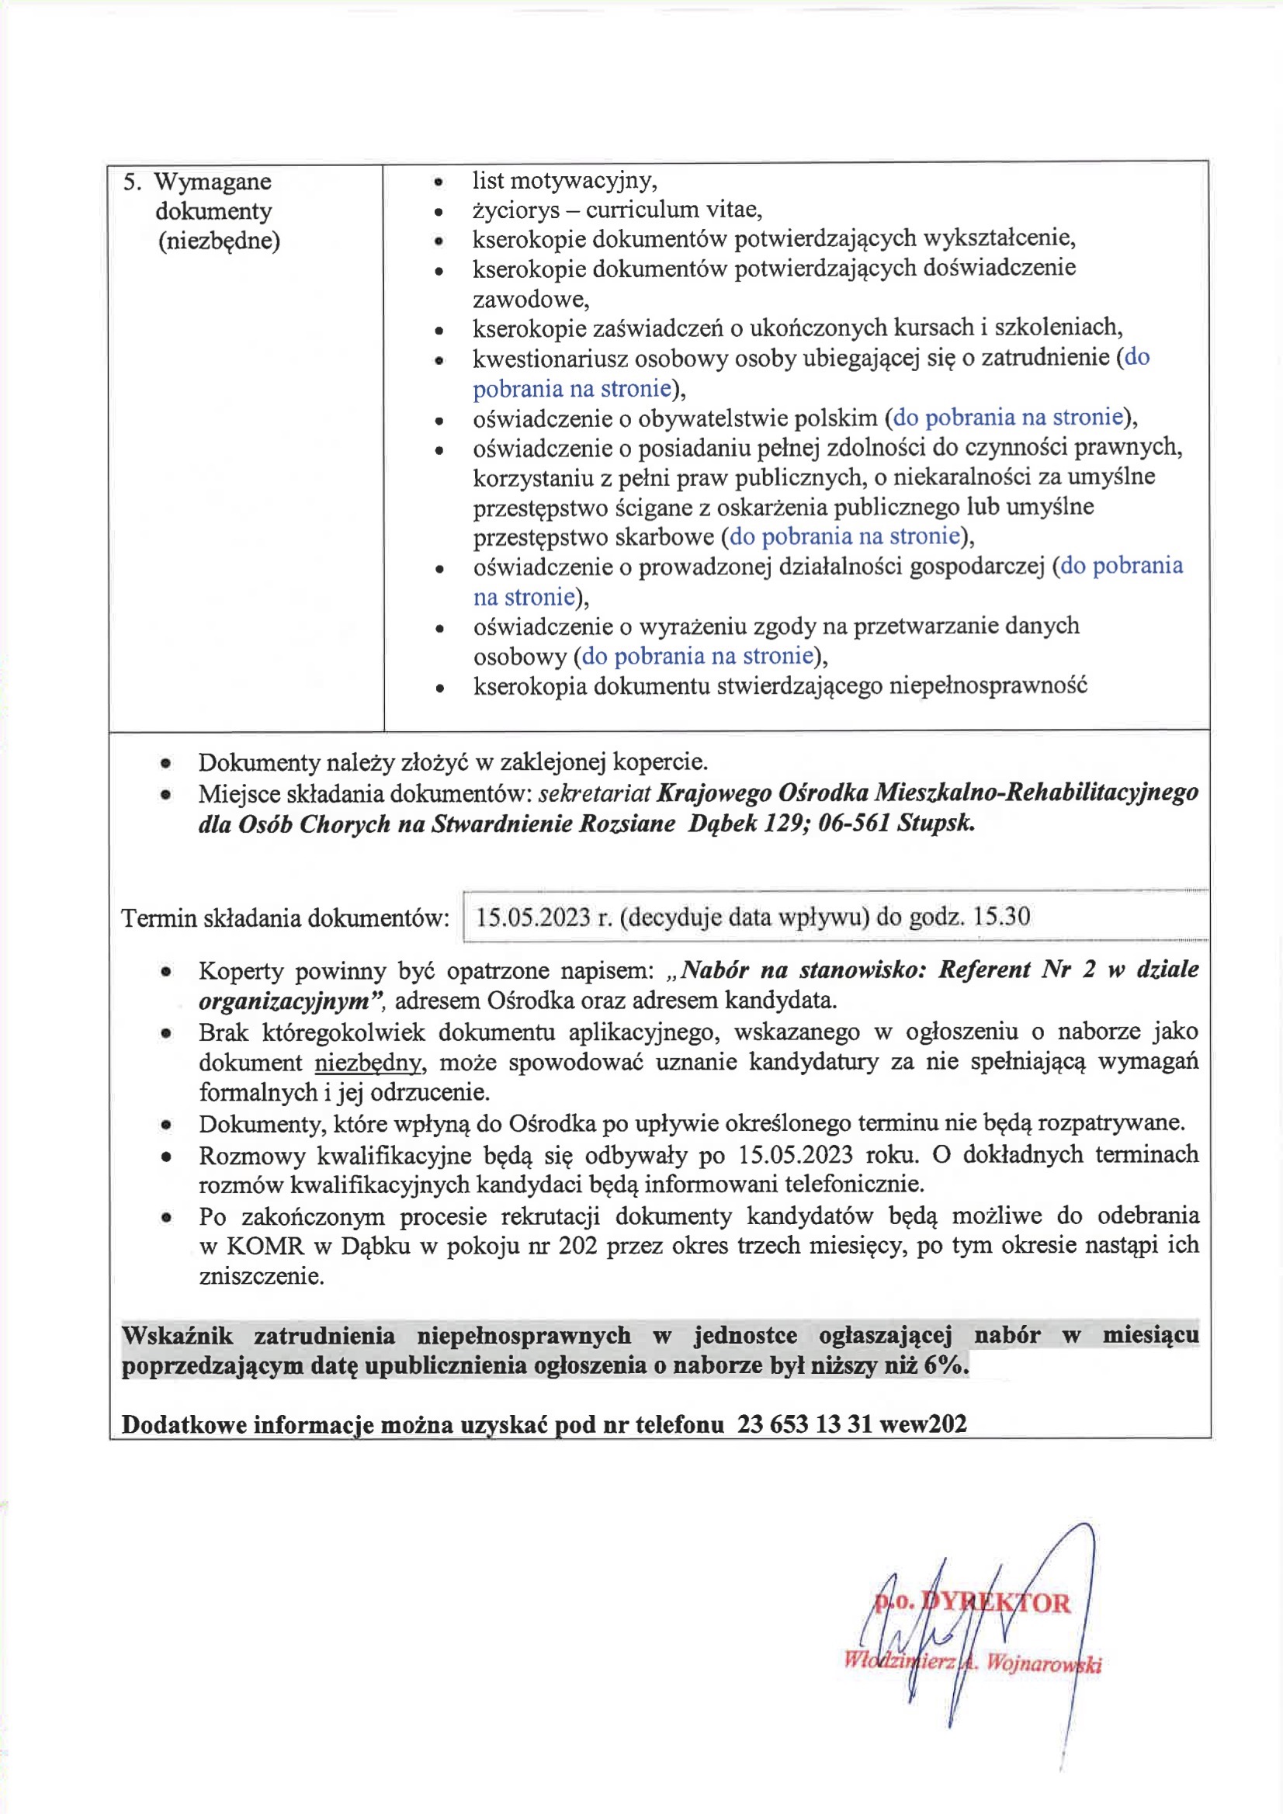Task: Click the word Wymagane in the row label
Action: tap(212, 182)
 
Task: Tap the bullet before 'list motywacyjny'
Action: tap(439, 182)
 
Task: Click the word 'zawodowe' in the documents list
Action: tap(530, 300)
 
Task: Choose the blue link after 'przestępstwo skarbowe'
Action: tap(844, 536)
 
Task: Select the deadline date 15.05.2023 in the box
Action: tap(532, 917)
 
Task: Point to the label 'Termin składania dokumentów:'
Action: tap(285, 918)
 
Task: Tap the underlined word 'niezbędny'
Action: tap(369, 1063)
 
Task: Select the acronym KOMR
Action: tap(265, 1246)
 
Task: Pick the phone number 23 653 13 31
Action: tap(804, 1424)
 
